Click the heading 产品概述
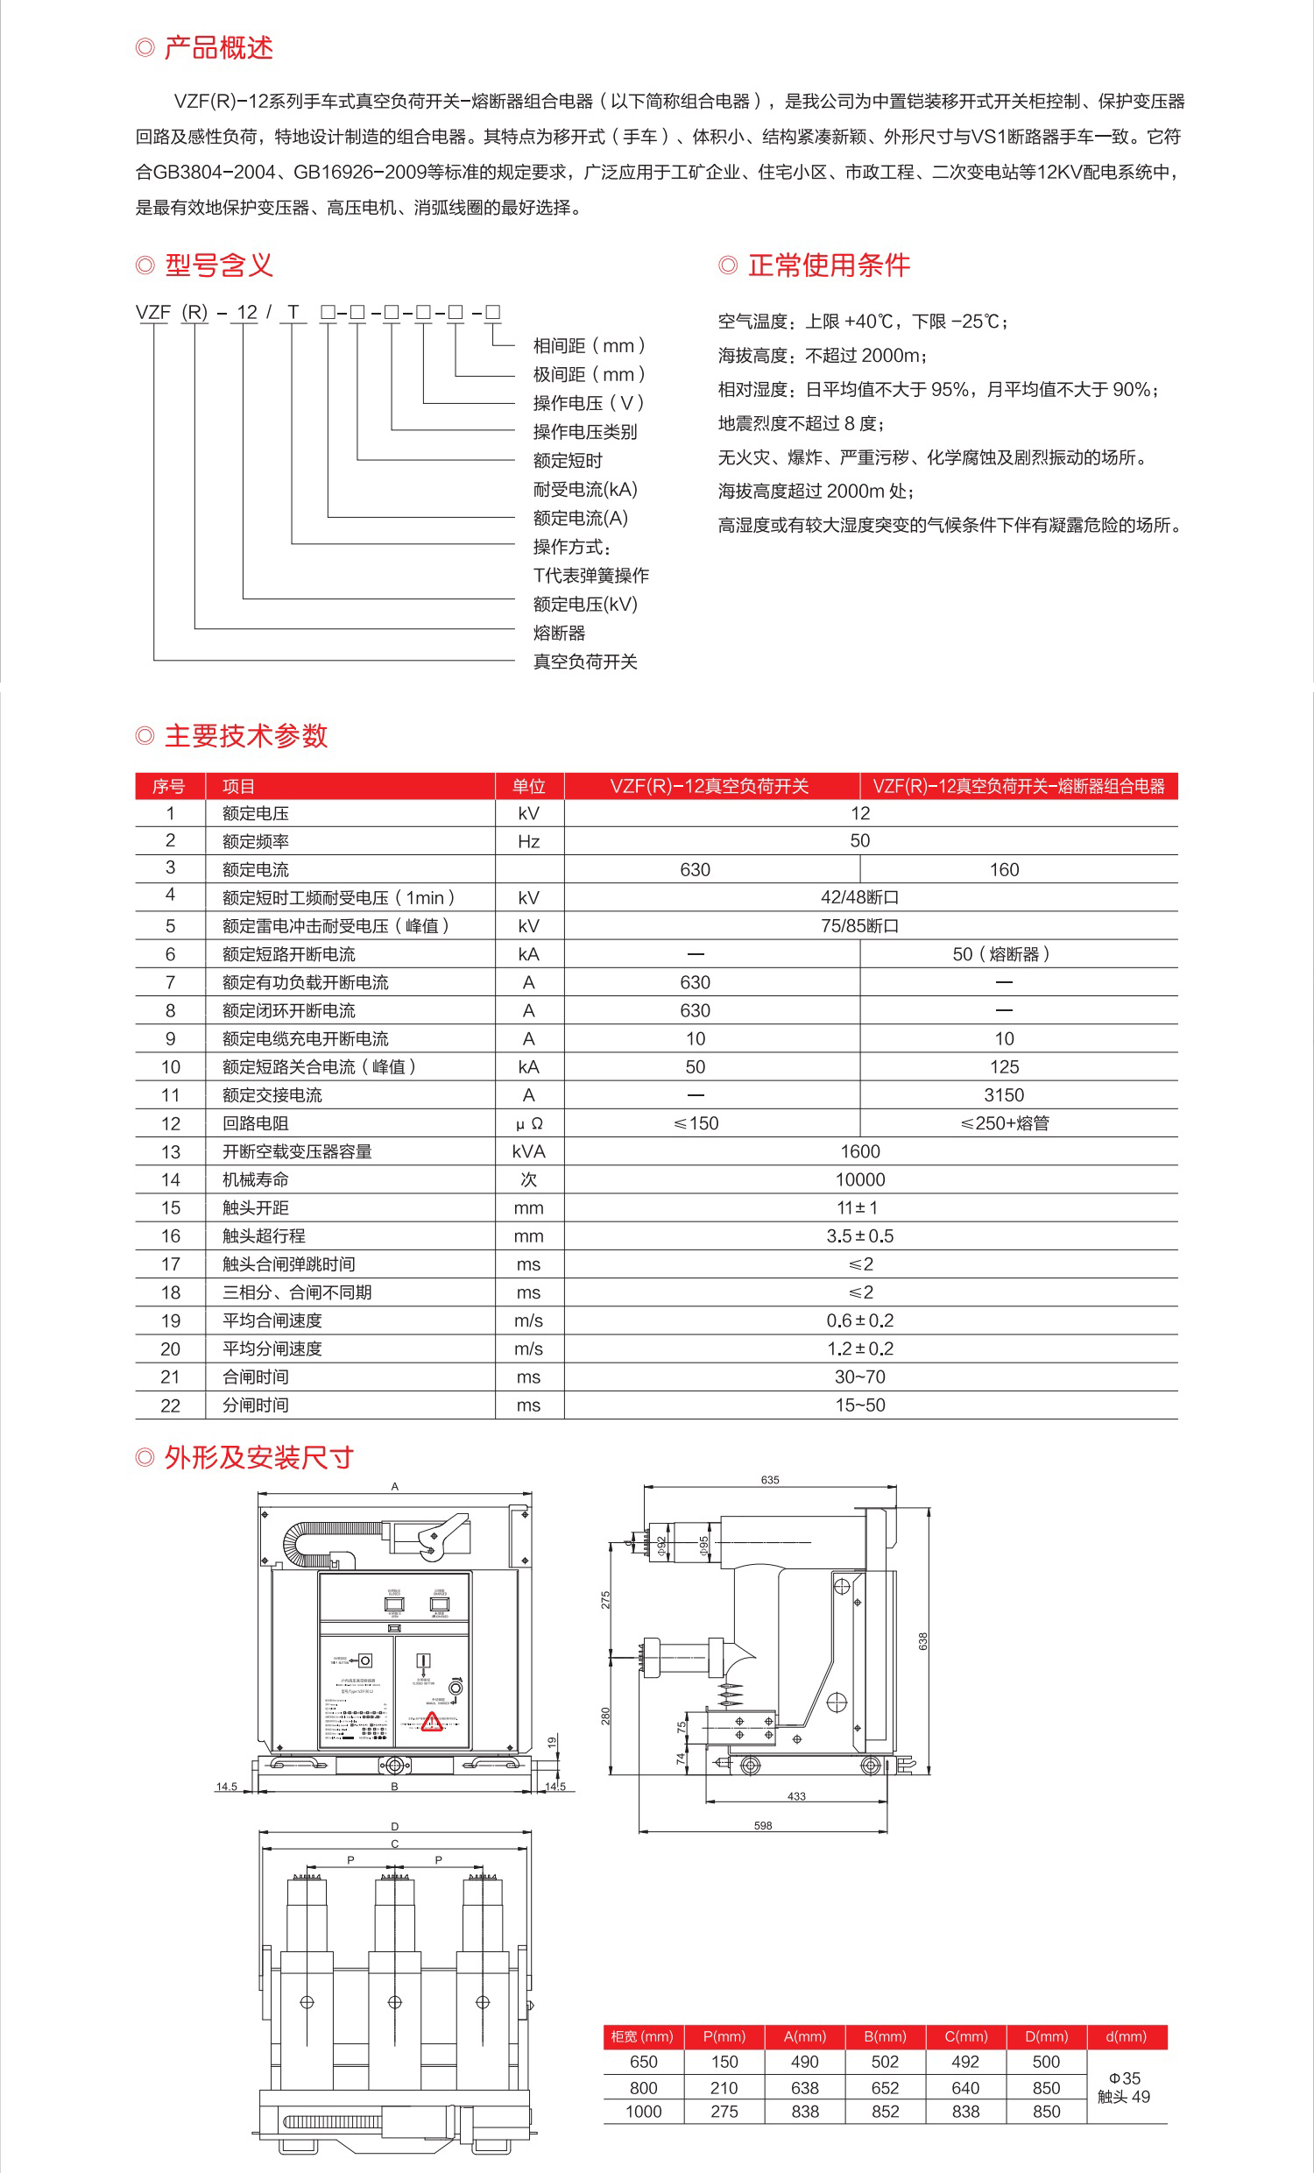click(x=218, y=47)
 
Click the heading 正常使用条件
click(x=828, y=265)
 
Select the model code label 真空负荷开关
click(x=584, y=662)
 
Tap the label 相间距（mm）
click(x=590, y=346)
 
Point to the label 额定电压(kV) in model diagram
click(x=584, y=604)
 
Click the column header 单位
click(x=528, y=786)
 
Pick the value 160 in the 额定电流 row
click(x=1004, y=869)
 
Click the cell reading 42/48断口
click(x=860, y=898)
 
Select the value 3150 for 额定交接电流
click(x=1004, y=1095)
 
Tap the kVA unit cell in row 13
click(x=528, y=1151)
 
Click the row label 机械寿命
click(x=256, y=1180)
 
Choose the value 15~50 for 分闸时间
click(x=860, y=1405)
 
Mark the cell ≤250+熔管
click(x=1004, y=1123)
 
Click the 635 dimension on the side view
click(x=770, y=1480)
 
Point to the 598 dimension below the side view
click(x=763, y=1825)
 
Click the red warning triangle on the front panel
click(x=432, y=1722)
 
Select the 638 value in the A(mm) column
click(x=804, y=2088)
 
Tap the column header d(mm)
click(x=1127, y=2036)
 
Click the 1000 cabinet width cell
click(x=643, y=2113)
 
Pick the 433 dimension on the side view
click(x=796, y=1796)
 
